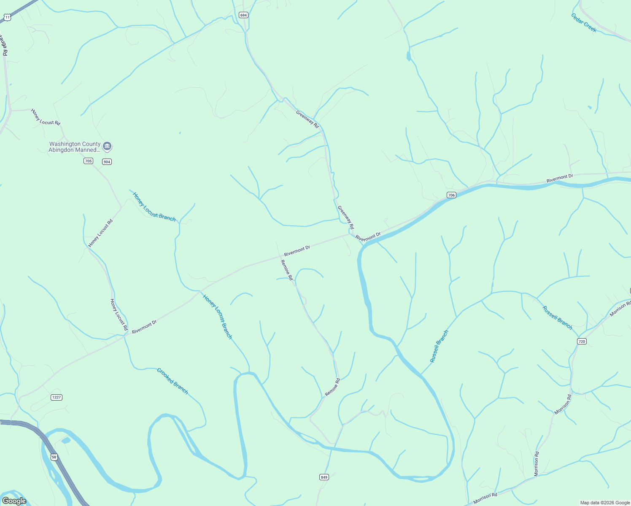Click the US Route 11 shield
click(7, 17)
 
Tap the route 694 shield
click(243, 15)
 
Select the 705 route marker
click(88, 161)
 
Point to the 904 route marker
click(107, 161)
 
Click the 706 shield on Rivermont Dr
click(451, 195)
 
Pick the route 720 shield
click(582, 341)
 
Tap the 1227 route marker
click(57, 397)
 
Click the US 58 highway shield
click(54, 457)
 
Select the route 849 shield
click(324, 477)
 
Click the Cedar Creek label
click(584, 22)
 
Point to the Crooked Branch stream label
click(172, 381)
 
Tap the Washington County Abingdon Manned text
click(75, 147)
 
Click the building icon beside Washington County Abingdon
click(107, 146)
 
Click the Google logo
click(14, 501)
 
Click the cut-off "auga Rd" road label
click(4, 45)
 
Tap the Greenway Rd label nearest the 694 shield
click(307, 119)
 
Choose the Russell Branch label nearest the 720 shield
click(557, 318)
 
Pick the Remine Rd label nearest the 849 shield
click(332, 387)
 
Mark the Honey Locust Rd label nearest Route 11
click(46, 117)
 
